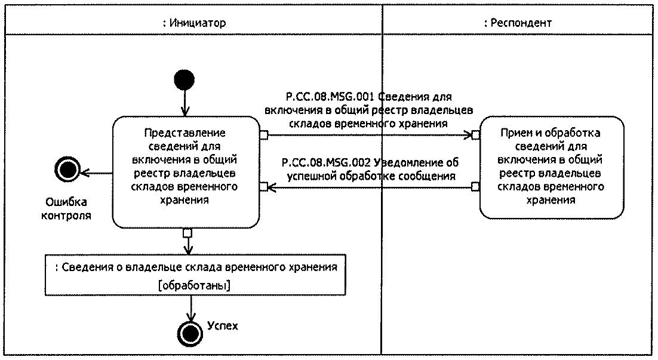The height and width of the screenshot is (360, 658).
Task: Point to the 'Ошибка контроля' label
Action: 66,208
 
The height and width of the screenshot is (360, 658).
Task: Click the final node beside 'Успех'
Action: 191,331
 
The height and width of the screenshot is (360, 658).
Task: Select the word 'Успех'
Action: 223,326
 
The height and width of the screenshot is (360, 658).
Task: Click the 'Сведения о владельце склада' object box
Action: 196,275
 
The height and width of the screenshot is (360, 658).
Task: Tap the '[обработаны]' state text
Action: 196,286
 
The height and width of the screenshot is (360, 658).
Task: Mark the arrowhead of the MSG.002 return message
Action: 271,187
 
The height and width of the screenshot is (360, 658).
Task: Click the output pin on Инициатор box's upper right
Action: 263,135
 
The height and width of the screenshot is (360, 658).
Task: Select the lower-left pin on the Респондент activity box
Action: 475,187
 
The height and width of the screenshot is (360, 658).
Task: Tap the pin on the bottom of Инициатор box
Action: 187,232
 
